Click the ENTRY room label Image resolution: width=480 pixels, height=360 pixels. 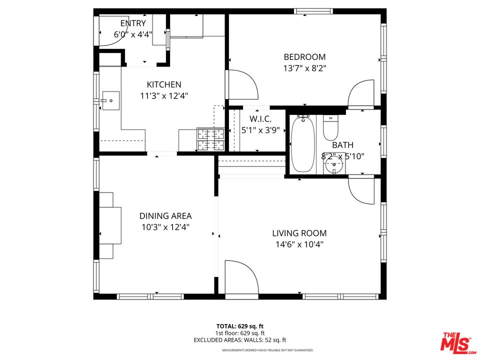[x=133, y=23]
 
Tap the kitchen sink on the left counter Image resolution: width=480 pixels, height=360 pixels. [x=110, y=100]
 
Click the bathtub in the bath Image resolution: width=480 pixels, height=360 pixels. [x=302, y=144]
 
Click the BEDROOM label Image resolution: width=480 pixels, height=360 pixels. [x=304, y=57]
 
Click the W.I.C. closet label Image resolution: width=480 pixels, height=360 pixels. [x=260, y=119]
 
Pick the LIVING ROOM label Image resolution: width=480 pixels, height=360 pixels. [x=299, y=233]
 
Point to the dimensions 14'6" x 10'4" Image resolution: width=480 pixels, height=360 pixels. [x=299, y=244]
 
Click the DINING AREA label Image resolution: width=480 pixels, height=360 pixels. [x=165, y=216]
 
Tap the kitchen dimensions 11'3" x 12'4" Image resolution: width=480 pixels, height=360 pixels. [x=163, y=95]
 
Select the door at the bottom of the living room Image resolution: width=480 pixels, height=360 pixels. [x=241, y=277]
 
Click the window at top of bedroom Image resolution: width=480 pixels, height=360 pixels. [x=313, y=11]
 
